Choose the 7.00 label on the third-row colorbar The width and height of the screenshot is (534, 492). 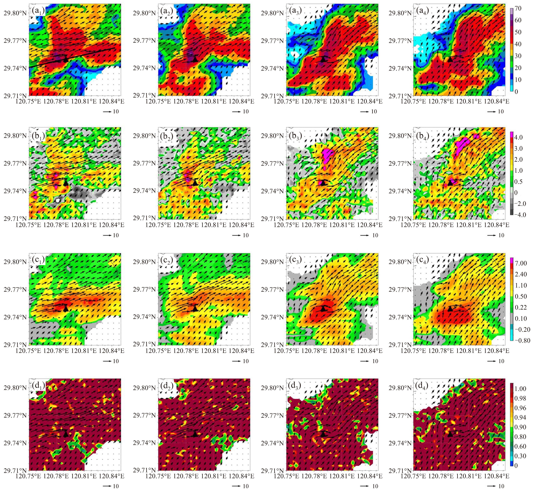coord(521,263)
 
